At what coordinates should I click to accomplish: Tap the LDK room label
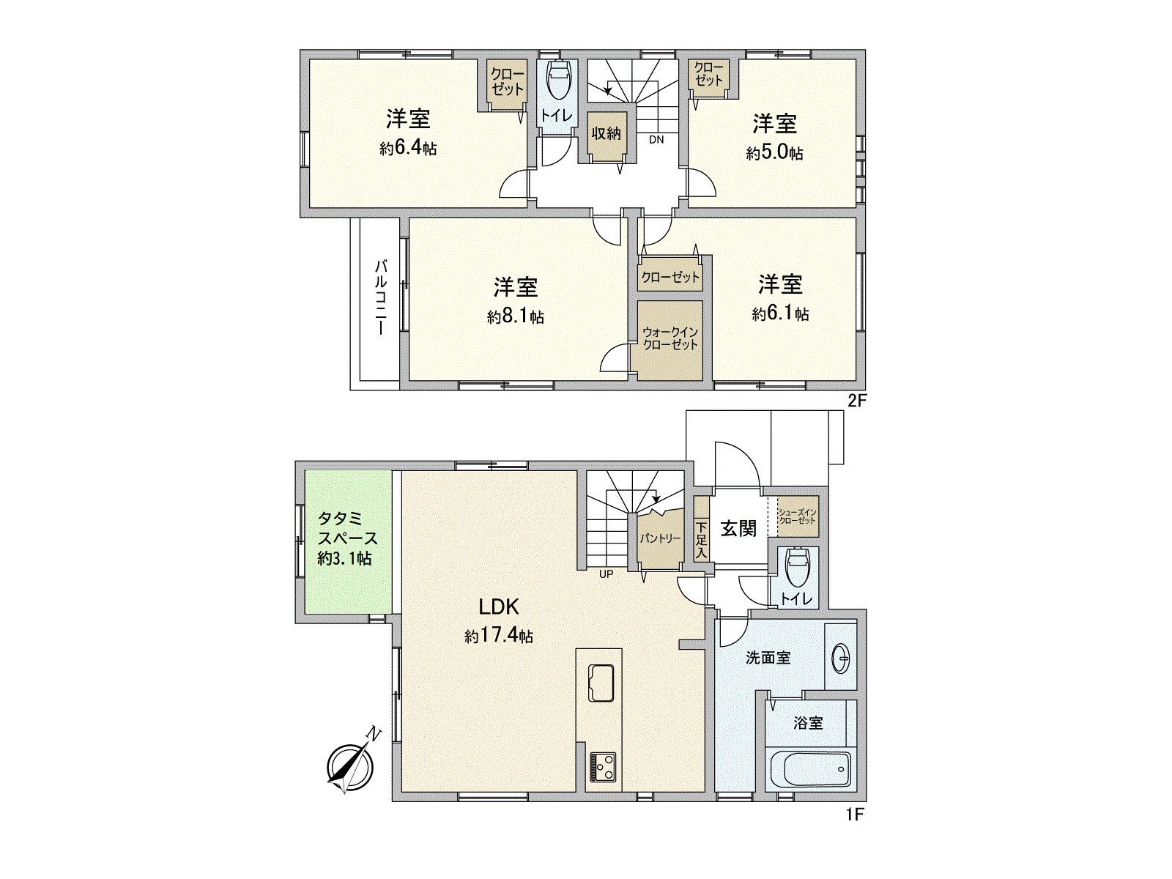point(499,607)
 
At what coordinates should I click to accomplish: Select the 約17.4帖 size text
point(499,636)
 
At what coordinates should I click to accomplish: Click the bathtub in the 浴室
point(811,769)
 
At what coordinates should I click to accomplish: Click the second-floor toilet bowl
point(558,81)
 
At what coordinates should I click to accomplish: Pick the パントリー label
point(660,538)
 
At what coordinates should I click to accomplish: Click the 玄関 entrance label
point(738,528)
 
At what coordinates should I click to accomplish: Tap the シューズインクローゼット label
point(797,516)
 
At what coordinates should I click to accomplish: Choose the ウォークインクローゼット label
point(670,338)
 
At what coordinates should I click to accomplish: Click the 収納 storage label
point(607,133)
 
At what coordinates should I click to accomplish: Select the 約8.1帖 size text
point(516,316)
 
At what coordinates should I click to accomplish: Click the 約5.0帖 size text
point(775,153)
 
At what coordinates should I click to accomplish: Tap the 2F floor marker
point(857,401)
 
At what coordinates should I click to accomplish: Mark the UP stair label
point(606,574)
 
